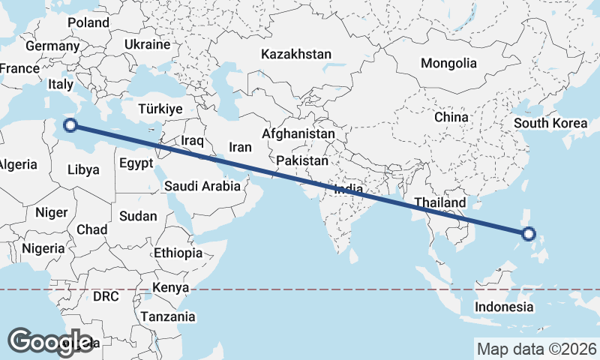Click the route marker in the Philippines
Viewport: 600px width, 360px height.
529,234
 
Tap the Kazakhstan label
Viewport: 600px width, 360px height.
296,55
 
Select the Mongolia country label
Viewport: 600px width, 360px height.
448,63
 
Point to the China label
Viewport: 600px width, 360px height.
451,117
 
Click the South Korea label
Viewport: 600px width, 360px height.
550,123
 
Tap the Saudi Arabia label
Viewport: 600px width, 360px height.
202,186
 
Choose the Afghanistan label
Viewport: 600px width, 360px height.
298,133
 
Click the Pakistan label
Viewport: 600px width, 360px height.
302,160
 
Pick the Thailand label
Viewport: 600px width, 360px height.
440,202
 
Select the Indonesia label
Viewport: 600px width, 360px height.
505,307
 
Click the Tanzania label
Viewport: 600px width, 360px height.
168,316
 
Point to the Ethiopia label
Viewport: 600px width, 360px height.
178,253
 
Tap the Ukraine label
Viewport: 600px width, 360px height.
147,44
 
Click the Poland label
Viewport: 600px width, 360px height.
88,22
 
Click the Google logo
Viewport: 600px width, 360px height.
51,341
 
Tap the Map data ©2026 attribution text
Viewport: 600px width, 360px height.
537,349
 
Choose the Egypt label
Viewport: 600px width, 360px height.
136,163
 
